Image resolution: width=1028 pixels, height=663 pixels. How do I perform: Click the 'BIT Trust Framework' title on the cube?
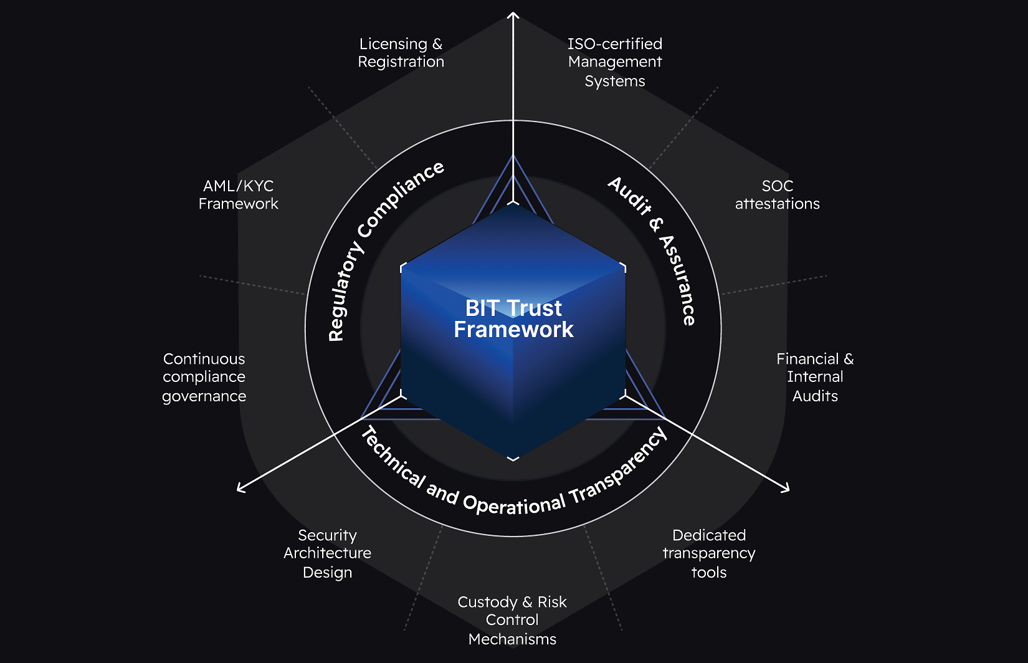pyautogui.click(x=513, y=318)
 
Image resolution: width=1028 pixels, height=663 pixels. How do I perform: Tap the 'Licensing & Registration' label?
pyautogui.click(x=401, y=53)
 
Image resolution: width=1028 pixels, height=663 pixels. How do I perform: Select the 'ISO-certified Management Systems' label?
pyautogui.click(x=615, y=62)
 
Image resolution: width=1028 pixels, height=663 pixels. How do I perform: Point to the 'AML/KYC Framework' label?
pyautogui.click(x=238, y=194)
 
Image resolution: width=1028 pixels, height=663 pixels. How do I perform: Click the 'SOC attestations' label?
pyautogui.click(x=778, y=194)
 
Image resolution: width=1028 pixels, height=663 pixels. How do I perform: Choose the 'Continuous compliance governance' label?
pyautogui.click(x=204, y=377)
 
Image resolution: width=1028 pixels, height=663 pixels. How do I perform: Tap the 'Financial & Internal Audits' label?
pyautogui.click(x=815, y=377)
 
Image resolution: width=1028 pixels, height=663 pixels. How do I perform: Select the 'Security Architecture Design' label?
pyautogui.click(x=327, y=553)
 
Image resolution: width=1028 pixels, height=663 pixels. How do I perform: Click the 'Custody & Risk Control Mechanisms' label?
pyautogui.click(x=512, y=620)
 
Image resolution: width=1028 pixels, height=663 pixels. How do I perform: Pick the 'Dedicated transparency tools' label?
pyautogui.click(x=709, y=553)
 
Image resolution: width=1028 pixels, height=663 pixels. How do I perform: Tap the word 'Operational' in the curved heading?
pyautogui.click(x=514, y=503)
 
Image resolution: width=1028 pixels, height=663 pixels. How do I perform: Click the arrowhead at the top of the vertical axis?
pyautogui.click(x=513, y=16)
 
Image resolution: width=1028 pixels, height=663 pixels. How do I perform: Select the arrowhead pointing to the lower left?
pyautogui.click(x=240, y=488)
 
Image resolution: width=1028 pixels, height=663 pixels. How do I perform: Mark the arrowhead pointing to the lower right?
pyautogui.click(x=786, y=488)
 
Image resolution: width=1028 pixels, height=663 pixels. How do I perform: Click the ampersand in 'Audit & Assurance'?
pyautogui.click(x=656, y=224)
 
